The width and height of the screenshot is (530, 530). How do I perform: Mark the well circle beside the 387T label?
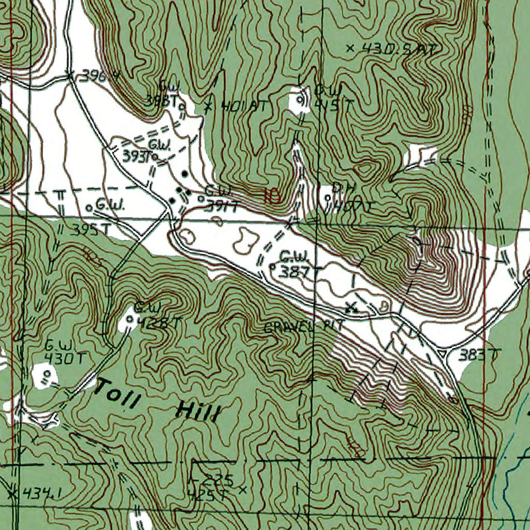pos(272,267)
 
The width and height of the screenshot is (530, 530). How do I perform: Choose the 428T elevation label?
pos(159,323)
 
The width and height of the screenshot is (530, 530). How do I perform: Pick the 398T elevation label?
pos(159,102)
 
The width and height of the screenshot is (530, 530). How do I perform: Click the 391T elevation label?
pos(222,207)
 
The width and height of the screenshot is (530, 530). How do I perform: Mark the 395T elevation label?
pos(93,229)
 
